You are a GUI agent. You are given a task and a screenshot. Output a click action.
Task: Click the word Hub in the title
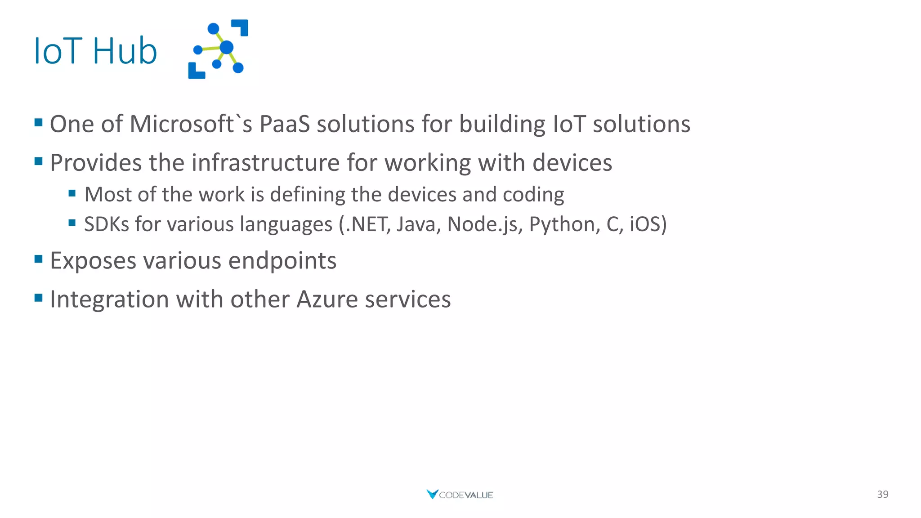click(125, 51)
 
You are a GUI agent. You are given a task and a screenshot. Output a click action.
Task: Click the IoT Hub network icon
click(219, 49)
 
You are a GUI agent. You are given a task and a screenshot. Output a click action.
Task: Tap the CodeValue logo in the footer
click(460, 495)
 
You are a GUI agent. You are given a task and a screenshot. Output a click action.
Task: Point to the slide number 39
click(882, 495)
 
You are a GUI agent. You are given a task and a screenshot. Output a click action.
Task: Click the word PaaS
click(285, 124)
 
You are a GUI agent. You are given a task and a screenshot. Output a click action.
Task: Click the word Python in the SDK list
click(564, 224)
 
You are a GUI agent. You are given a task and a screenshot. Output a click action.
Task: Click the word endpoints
click(282, 261)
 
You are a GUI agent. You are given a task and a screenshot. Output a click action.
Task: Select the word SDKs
click(107, 224)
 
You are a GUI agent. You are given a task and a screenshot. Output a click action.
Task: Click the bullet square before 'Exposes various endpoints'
click(39, 259)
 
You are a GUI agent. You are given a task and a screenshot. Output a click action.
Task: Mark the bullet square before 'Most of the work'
click(72, 193)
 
